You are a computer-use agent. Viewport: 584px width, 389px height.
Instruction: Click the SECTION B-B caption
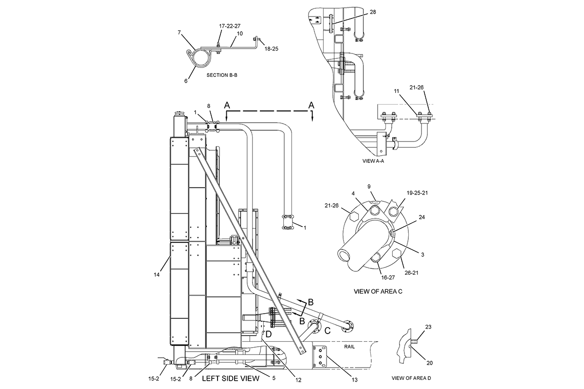coord(222,75)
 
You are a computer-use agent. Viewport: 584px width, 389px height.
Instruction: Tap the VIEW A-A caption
coord(373,161)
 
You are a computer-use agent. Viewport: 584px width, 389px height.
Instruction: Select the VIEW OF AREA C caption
coord(378,291)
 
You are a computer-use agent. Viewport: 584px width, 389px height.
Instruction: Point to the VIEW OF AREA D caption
coord(411,378)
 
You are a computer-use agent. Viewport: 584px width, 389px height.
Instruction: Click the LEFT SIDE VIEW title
coord(231,378)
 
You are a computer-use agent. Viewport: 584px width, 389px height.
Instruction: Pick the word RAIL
coord(349,347)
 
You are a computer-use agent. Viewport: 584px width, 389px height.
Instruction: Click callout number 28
coord(373,12)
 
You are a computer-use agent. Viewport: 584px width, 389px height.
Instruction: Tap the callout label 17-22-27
coord(230,26)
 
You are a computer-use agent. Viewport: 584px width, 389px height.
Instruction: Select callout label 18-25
coord(272,49)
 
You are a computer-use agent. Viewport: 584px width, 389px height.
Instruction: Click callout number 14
coord(156,275)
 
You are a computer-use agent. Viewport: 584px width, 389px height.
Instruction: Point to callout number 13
coord(355,380)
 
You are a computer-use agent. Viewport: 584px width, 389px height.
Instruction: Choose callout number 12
coord(298,380)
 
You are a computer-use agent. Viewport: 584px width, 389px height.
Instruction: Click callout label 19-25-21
coord(417,193)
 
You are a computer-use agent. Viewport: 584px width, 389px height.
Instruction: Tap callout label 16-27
coord(388,278)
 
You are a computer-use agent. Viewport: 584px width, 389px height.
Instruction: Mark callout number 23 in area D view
coord(428,327)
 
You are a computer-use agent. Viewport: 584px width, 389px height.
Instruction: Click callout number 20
coord(429,363)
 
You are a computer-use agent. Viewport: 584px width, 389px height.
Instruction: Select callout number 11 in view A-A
coord(397,91)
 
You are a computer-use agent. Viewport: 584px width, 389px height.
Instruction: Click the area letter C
coord(328,331)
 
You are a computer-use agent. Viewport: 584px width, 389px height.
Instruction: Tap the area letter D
coord(269,334)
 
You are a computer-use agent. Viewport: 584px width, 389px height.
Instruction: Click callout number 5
coord(274,378)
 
